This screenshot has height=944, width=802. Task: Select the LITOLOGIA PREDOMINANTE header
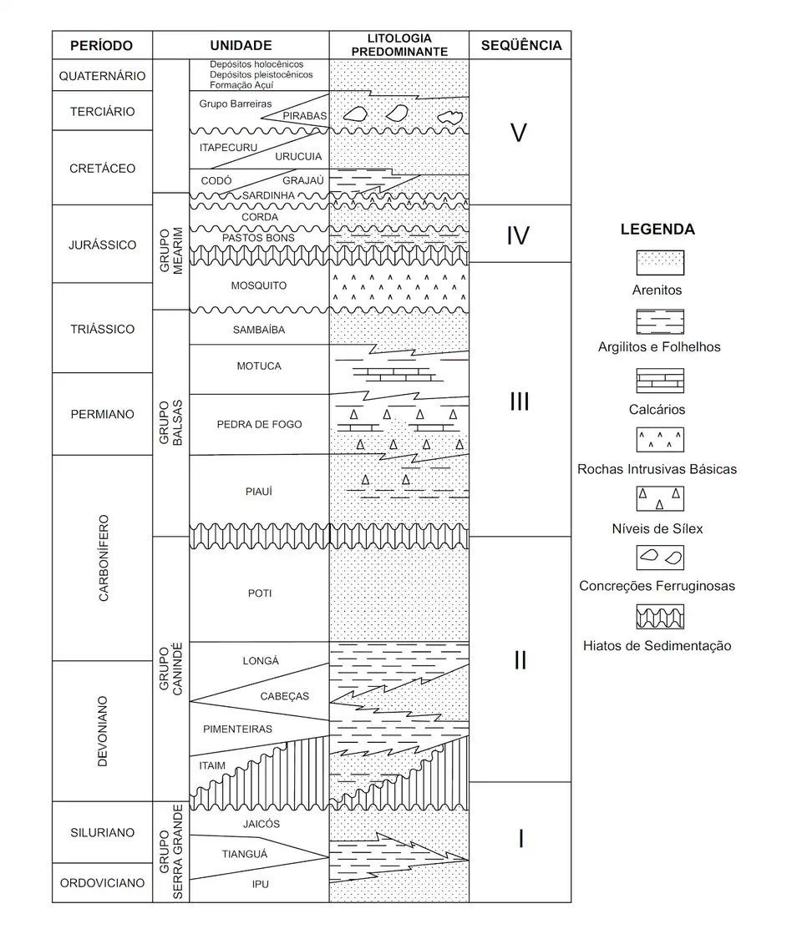coord(398,45)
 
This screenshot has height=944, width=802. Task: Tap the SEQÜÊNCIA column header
coord(520,45)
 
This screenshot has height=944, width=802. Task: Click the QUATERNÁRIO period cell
coord(103,76)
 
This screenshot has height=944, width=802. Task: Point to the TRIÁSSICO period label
coord(103,329)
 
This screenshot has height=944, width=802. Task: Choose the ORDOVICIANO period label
coord(103,883)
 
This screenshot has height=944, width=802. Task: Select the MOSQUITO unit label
coord(258,285)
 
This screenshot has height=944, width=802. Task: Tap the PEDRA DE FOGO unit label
coord(259,424)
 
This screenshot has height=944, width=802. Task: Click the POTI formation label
coord(259,593)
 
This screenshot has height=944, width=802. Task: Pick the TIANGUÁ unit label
coord(245,853)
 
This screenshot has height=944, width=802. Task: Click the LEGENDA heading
coord(657,230)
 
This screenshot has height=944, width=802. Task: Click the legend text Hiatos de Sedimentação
coord(657,645)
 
